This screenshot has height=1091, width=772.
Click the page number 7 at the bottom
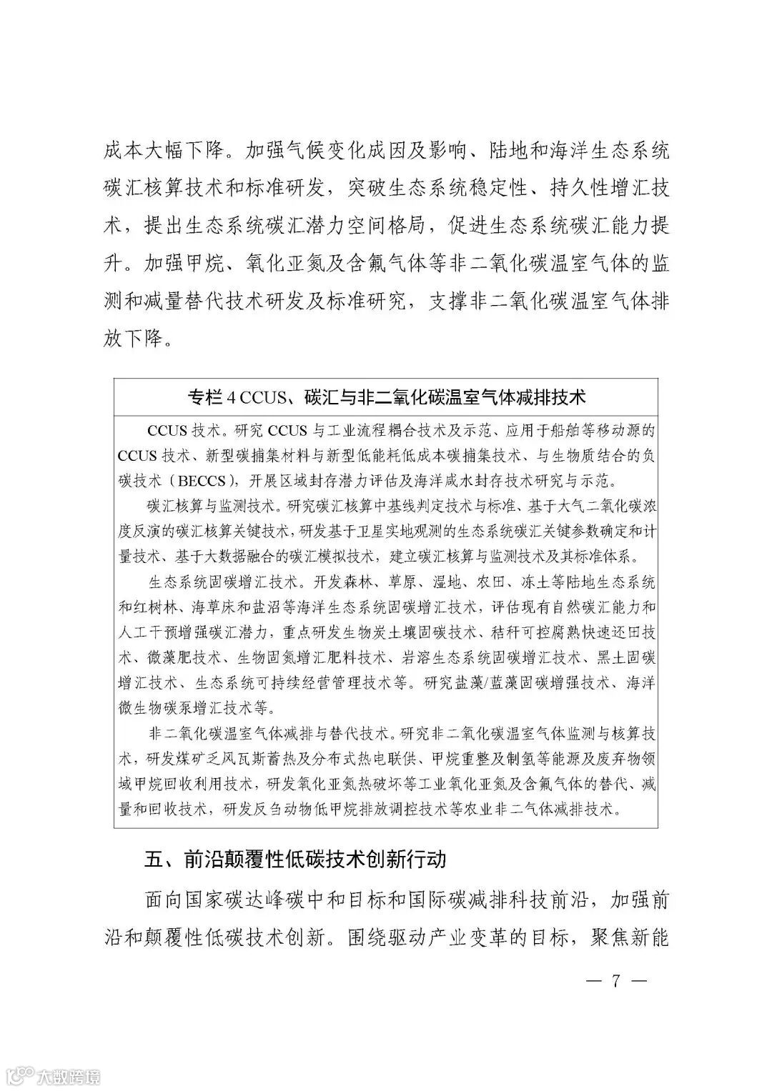click(x=614, y=980)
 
